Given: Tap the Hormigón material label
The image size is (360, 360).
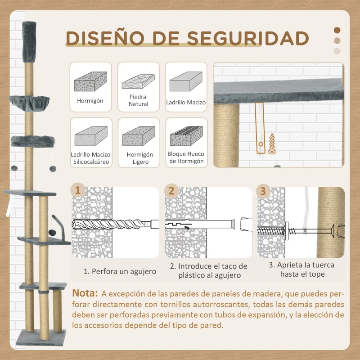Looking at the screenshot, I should (90, 101).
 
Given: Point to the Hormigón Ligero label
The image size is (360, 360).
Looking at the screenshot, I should (139, 158).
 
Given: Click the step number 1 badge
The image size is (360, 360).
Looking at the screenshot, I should (79, 191).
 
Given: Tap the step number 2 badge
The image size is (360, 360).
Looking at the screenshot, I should (171, 191).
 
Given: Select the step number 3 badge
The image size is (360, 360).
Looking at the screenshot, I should (263, 191).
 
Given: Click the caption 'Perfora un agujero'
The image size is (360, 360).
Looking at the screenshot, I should (120, 271).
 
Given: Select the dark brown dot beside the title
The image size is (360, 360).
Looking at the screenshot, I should (337, 30).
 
